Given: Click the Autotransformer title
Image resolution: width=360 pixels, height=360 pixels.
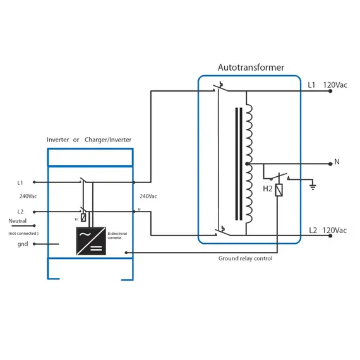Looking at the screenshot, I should pos(251,67).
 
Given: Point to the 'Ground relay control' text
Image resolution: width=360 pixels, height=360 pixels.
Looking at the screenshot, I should pos(246,258).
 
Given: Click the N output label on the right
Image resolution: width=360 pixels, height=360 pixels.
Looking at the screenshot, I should pos(337,162).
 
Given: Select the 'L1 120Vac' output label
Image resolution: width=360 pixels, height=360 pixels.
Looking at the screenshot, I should pos(327,85).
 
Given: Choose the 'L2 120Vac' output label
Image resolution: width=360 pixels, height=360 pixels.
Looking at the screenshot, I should pos(327,230).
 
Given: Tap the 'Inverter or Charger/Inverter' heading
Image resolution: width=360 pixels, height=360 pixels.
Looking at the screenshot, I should pos(89,140).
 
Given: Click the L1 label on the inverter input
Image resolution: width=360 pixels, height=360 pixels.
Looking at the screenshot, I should pos(20,183).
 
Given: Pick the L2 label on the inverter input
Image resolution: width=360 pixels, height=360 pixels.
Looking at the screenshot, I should pos(20,212).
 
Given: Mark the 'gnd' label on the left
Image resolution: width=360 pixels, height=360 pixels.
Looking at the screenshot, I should pos(23,244).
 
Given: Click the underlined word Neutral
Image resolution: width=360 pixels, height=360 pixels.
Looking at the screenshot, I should pos(18,221).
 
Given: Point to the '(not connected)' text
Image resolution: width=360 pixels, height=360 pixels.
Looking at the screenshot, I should pos(23,233).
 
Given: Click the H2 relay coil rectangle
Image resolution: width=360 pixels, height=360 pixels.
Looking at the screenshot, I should pos(279,189).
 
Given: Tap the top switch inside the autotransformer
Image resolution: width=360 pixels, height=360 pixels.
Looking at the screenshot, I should pos(220,88).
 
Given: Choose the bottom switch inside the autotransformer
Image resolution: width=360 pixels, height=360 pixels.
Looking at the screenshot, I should pos(220,231).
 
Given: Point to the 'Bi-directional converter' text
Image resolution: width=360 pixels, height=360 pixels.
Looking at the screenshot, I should pos(118,236).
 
